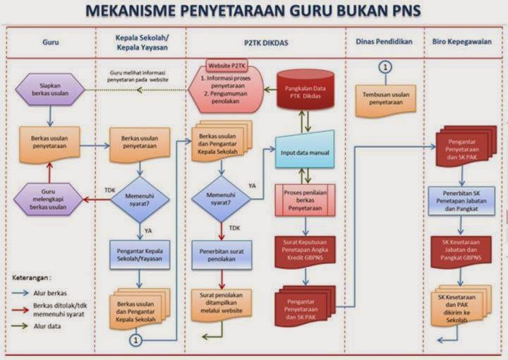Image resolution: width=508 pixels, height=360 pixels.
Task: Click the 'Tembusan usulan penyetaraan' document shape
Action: click(385, 97)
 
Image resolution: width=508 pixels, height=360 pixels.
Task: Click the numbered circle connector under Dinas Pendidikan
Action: click(385, 68)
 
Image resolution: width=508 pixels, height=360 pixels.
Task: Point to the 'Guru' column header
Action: click(51, 42)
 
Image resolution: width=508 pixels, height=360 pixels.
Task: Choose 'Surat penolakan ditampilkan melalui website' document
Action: click(222, 302)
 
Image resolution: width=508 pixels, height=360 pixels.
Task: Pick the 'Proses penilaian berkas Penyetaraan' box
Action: click(306, 200)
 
